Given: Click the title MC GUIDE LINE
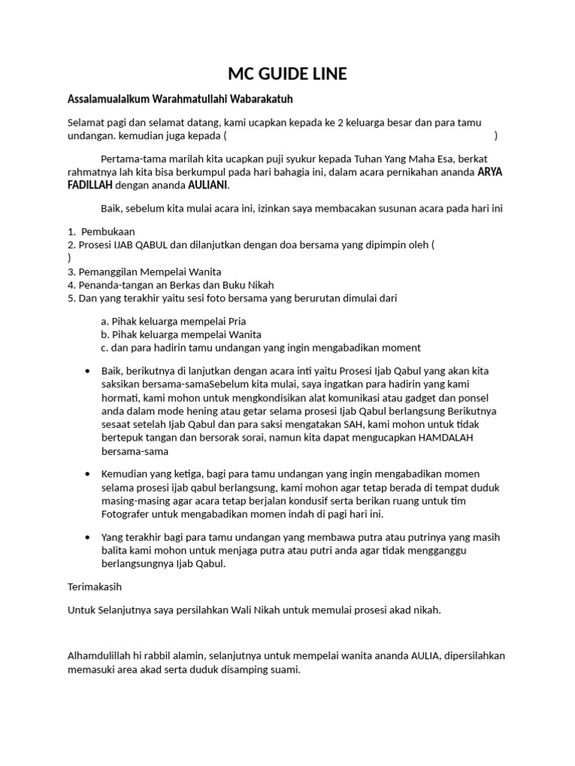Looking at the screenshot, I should [x=287, y=73].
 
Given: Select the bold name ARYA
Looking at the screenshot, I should [x=491, y=171].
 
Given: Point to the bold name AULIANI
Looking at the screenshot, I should [x=208, y=185].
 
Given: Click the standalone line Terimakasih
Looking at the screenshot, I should [x=95, y=586].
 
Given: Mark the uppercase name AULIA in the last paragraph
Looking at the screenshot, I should [x=425, y=655].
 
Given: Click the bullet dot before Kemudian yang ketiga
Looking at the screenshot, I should [x=89, y=474].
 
